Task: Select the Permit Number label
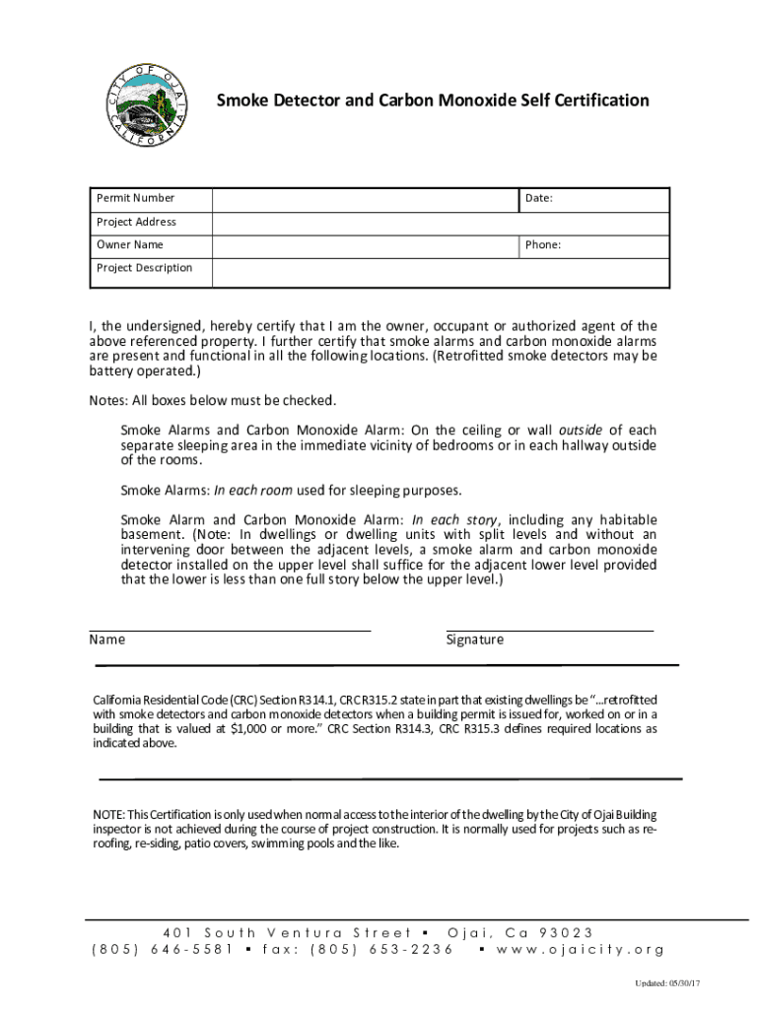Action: [x=135, y=198]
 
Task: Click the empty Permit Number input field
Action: [x=366, y=198]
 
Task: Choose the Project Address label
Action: [x=136, y=222]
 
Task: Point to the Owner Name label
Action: [x=129, y=244]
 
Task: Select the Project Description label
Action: [x=144, y=268]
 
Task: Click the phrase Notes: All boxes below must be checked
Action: [x=213, y=400]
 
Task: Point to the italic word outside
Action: [x=581, y=430]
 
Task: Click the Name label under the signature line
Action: [x=107, y=639]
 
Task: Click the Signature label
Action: [x=474, y=639]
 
